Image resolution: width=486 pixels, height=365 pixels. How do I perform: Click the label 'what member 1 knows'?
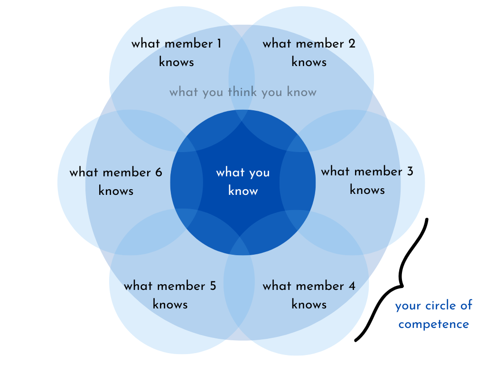[x=177, y=53]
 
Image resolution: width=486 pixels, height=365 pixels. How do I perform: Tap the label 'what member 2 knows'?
[x=309, y=53]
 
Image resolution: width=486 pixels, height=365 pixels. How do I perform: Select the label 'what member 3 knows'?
[x=367, y=181]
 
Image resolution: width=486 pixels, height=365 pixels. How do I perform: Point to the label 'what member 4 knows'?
[x=309, y=295]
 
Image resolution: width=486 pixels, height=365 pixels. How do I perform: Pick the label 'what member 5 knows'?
[x=170, y=295]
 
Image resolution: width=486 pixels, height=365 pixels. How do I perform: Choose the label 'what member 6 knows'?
[x=116, y=181]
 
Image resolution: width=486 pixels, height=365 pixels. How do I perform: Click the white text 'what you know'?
[x=243, y=181]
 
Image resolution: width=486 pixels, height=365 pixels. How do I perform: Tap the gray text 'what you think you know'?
[x=243, y=92]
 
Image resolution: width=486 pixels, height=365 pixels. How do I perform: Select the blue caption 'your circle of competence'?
[x=434, y=315]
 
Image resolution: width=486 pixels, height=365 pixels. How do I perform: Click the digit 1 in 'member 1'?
[x=219, y=44]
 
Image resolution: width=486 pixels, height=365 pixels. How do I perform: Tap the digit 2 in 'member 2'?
[x=352, y=44]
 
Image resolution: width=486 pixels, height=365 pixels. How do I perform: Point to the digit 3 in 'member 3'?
[x=410, y=171]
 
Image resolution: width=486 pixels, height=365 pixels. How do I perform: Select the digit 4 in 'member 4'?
[x=352, y=286]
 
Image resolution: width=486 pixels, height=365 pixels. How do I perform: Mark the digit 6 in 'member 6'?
[x=159, y=172]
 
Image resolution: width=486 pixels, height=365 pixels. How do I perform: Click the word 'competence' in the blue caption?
[x=434, y=325]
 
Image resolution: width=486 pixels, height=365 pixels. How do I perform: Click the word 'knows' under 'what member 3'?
[x=367, y=190]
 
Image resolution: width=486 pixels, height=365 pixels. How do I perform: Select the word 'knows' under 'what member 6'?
[x=116, y=191]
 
